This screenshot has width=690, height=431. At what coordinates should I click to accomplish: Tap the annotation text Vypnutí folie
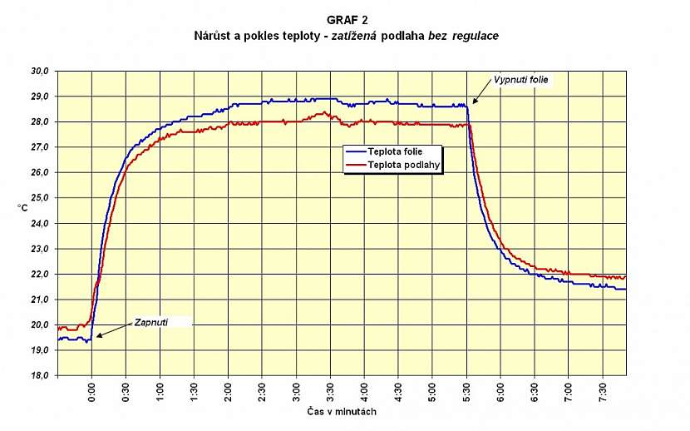521,80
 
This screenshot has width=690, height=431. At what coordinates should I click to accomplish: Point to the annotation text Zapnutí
152,322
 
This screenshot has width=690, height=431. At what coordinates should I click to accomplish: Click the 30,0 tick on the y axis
40,72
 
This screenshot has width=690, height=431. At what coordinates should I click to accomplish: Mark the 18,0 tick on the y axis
40,375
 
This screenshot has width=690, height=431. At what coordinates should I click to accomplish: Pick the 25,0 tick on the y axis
40,198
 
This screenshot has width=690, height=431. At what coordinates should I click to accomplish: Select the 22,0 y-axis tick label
40,274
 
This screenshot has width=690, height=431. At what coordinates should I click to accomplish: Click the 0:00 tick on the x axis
92,392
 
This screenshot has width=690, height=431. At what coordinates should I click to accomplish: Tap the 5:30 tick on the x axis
468,392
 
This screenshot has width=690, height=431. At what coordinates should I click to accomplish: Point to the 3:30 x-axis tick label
332,392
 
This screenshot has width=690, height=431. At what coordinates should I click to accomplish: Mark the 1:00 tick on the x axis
160,392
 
